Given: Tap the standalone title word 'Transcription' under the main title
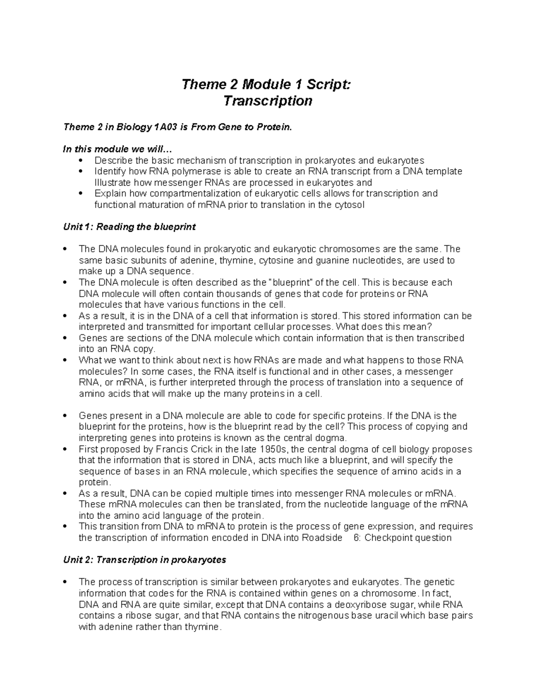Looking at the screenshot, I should coord(268,101).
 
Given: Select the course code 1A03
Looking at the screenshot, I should coord(166,127).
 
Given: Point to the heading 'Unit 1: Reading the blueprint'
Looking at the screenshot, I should coord(129,227).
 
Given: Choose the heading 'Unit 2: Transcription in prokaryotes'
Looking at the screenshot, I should coord(145,560).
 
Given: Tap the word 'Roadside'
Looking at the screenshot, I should coord(322,538).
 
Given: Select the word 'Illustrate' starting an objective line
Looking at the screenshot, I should coord(113,183).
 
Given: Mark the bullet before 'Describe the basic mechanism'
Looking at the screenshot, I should coord(81,161).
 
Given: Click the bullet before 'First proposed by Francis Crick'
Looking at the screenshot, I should coord(65,449).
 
